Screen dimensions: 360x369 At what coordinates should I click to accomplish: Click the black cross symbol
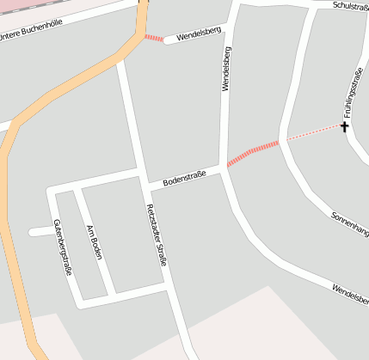(x=345, y=127)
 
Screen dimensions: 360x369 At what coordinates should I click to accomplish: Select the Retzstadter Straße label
(x=157, y=235)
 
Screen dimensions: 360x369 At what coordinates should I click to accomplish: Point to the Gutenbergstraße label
(x=62, y=247)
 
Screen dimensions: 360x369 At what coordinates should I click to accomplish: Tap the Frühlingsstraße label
(x=350, y=95)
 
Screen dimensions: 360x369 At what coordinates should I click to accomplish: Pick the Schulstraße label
(x=349, y=5)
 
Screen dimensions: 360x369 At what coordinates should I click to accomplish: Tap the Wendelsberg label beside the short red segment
(x=199, y=35)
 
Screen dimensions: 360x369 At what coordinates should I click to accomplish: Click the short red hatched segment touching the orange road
(x=153, y=38)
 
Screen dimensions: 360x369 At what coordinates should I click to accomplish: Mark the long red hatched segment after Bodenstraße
(x=253, y=153)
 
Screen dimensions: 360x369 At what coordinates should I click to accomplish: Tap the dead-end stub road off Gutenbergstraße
(x=40, y=231)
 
